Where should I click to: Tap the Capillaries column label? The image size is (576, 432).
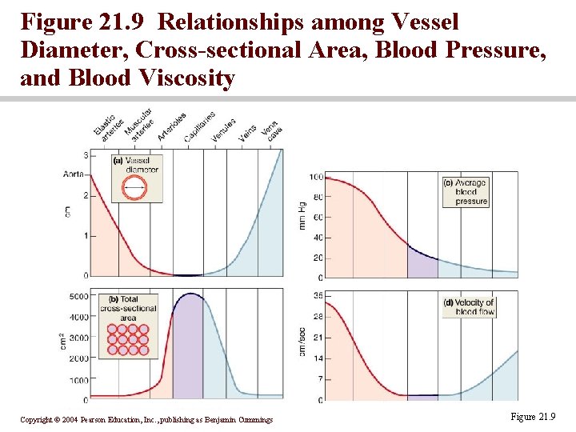[x=199, y=127]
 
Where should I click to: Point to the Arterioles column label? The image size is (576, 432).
[x=172, y=126]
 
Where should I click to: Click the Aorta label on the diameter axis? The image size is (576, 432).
[x=74, y=174]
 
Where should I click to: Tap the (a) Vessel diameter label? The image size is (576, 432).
[x=136, y=165]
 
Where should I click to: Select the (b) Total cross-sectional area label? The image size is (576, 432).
[x=128, y=308]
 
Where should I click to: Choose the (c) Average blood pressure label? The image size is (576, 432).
[x=466, y=192]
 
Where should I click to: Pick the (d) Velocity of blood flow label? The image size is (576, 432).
[x=469, y=306]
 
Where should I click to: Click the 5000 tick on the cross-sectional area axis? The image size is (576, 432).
[x=78, y=296]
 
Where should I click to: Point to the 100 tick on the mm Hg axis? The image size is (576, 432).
[x=316, y=177]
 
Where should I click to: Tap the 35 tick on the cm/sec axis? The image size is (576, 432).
[x=318, y=296]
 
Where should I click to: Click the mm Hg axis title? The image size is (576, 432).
[x=302, y=214]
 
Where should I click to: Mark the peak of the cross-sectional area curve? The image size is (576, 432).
[x=190, y=294]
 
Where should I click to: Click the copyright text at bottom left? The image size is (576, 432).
[x=146, y=419]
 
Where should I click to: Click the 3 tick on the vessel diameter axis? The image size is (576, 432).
[x=85, y=155]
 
